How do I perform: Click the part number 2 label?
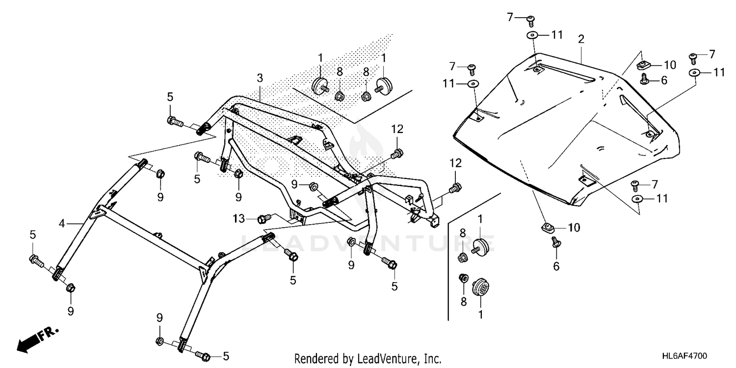581,39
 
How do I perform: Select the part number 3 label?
260,78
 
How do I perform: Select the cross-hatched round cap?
480,287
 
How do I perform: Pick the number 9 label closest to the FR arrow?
71,311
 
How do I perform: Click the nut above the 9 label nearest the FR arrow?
70,288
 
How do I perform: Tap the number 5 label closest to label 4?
33,235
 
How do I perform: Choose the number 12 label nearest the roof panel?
455,162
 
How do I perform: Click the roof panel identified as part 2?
564,128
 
